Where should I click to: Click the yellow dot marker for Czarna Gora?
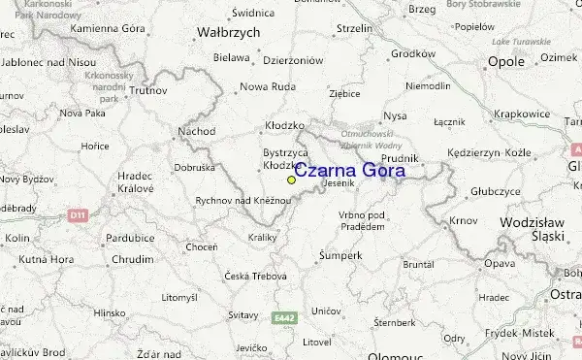click(x=291, y=180)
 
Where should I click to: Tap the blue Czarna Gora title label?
click(x=350, y=171)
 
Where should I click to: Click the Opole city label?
click(x=505, y=61)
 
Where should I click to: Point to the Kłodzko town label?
click(x=285, y=126)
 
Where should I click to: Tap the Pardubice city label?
click(x=130, y=237)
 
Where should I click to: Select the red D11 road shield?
click(x=79, y=215)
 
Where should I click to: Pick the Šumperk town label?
click(x=340, y=255)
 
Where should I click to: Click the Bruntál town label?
click(x=418, y=264)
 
